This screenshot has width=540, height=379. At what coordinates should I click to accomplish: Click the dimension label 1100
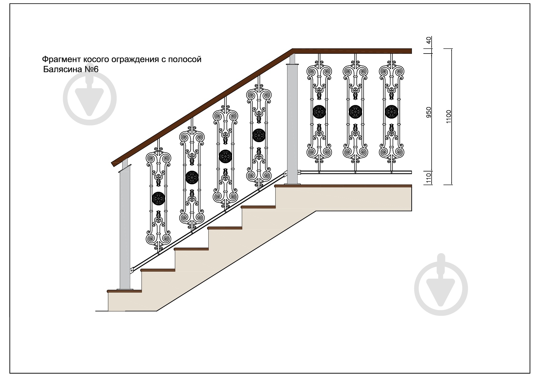click(449, 117)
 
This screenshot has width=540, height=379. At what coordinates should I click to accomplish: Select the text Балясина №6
click(71, 69)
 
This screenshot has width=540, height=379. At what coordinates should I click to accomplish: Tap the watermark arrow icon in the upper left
click(90, 98)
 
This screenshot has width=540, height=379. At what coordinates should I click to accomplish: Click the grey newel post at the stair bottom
click(125, 231)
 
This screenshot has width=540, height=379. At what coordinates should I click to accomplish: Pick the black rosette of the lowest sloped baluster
click(159, 198)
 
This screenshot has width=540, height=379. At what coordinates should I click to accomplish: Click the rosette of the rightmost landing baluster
click(392, 112)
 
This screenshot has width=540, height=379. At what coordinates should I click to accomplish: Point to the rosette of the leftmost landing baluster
click(319, 112)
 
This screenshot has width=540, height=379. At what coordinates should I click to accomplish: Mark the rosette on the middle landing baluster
click(355, 112)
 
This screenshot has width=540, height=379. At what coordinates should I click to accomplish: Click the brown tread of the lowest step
click(124, 291)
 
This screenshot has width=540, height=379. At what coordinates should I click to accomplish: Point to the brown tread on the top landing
click(343, 186)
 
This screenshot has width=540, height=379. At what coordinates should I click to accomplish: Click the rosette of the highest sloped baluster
click(259, 135)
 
